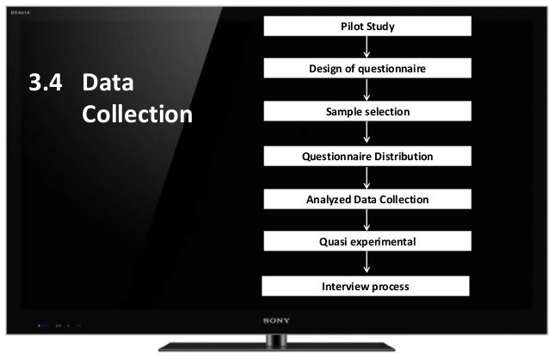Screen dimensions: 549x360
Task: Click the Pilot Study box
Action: point(367,27)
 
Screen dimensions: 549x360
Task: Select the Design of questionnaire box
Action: point(367,69)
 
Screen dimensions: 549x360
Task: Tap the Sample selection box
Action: point(367,112)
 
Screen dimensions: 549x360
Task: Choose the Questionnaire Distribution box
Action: point(367,157)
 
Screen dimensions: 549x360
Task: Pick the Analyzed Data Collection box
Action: point(367,200)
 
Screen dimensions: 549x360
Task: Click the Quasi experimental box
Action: point(367,242)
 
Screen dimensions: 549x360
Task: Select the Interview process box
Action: point(366,286)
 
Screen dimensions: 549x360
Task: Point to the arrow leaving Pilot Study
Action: point(367,47)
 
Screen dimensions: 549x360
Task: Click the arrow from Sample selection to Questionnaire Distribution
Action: point(367,133)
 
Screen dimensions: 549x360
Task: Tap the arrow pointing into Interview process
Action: point(367,264)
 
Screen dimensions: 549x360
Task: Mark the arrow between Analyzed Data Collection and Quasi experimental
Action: point(367,220)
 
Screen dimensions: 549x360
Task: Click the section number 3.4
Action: point(47,84)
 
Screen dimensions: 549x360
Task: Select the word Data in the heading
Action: point(109,84)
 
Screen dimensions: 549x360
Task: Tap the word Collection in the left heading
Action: point(137,115)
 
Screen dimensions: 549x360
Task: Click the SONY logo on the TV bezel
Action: point(274,320)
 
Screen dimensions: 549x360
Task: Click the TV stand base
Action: point(274,348)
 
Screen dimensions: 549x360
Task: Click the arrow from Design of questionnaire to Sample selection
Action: point(367,90)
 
